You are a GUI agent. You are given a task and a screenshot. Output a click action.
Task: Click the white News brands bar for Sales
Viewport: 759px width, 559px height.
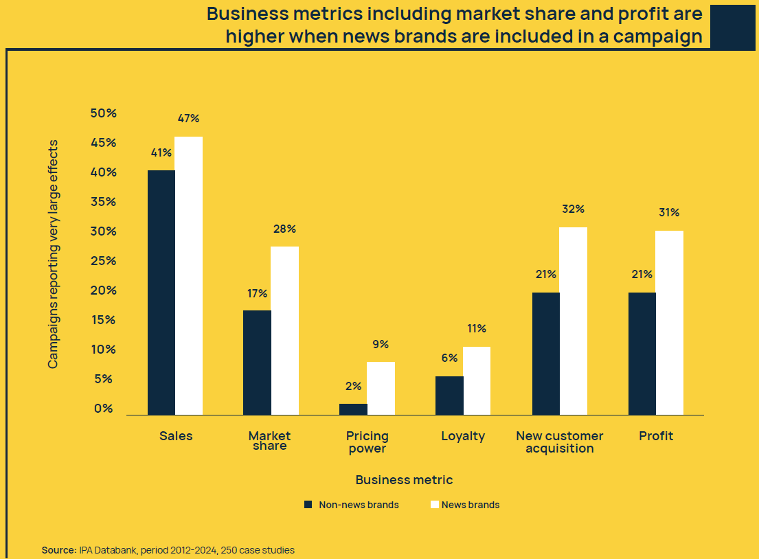(189, 275)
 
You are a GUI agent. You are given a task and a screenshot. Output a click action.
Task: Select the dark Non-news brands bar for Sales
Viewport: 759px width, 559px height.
(161, 292)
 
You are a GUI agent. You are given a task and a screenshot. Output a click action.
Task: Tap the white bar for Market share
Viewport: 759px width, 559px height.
(284, 330)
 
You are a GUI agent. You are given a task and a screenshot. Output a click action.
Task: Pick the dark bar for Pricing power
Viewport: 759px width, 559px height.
(354, 409)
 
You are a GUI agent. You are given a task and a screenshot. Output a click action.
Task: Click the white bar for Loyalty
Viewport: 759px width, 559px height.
(477, 380)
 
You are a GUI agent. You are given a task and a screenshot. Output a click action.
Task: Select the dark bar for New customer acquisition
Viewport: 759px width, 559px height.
(546, 353)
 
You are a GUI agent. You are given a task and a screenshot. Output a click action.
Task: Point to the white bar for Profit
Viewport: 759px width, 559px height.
(669, 322)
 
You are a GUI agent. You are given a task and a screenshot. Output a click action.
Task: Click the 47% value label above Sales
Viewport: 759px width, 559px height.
(188, 118)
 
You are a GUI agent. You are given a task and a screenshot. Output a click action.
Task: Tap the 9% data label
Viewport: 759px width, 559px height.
(381, 344)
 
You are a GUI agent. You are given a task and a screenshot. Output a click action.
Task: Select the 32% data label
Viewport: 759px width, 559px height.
(573, 209)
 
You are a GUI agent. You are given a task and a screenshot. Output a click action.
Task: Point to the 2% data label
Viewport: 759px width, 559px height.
(353, 386)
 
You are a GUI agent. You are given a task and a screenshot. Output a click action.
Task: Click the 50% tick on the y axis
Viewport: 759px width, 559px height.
(103, 113)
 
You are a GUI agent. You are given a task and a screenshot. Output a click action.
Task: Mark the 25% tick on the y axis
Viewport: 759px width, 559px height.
(103, 261)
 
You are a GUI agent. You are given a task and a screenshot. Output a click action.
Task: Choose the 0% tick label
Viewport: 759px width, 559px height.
(103, 409)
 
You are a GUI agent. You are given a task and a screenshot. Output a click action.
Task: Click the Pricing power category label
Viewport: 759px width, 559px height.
(367, 442)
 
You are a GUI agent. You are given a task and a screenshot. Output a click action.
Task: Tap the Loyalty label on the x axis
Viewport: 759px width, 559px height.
(463, 436)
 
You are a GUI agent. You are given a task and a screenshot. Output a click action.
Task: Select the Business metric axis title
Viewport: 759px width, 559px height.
(404, 480)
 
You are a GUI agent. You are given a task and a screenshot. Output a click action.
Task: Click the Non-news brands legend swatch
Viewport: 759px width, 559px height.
(308, 505)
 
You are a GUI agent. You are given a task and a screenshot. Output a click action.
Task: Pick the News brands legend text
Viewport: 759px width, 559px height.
(471, 505)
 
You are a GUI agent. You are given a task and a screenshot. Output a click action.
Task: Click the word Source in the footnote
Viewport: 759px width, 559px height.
(58, 550)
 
